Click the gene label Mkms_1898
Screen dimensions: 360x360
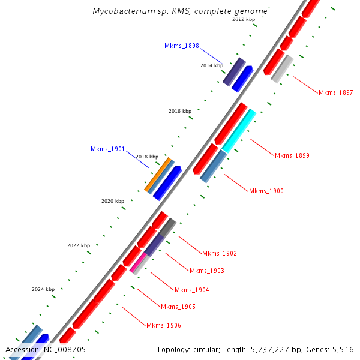pos(181,46)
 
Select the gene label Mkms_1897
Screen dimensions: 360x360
pos(335,92)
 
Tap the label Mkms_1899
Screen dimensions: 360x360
pos(292,156)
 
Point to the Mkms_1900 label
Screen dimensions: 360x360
pos(266,191)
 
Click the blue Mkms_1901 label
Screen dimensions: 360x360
pos(107,149)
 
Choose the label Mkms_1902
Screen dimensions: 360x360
pos(219,254)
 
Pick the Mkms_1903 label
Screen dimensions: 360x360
pos(206,271)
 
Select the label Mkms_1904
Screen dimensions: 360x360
pos(191,290)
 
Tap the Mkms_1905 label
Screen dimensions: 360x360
pos(178,307)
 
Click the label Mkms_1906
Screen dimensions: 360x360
pos(163,326)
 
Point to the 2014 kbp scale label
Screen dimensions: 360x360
pos(211,65)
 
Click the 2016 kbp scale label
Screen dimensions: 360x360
pos(179,112)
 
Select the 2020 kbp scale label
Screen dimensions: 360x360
pos(112,201)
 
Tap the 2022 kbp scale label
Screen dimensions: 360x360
pos(78,245)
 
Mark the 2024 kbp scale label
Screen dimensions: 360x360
pos(43,289)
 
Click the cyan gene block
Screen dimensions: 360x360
pos(239,131)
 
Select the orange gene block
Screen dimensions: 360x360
pos(158,174)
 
